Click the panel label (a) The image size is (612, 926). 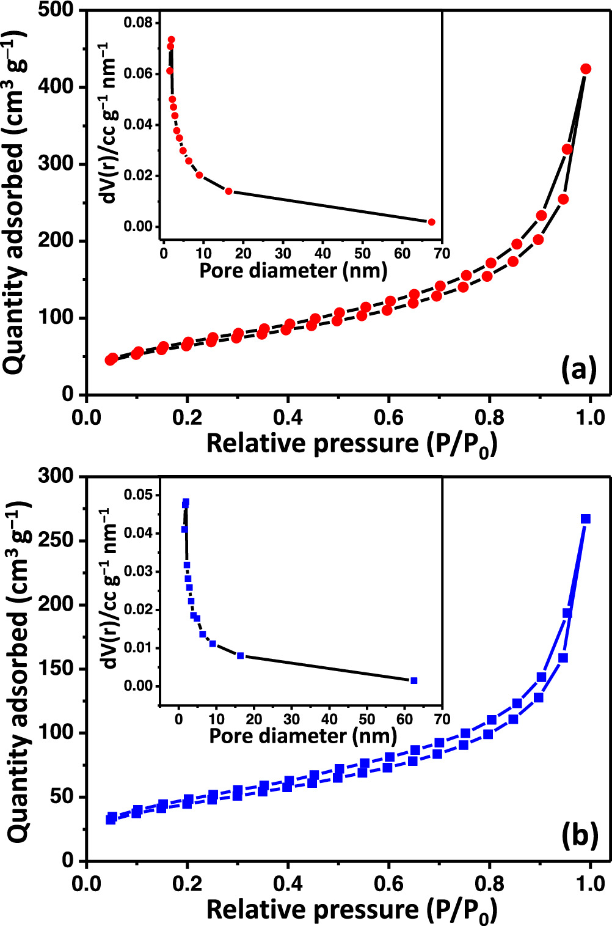pos(578,370)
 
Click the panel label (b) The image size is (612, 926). pos(579,835)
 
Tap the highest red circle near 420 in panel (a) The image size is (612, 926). pos(586,69)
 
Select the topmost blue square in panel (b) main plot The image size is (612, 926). pos(586,519)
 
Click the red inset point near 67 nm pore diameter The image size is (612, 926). pos(432,222)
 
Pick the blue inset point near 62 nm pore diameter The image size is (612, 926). pos(414,680)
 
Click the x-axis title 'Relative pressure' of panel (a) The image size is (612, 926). pos(351,443)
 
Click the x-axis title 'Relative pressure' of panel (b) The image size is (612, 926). pos(351,909)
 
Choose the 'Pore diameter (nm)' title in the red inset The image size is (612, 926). pos(293,270)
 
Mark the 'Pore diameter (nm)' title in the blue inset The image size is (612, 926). pos(303,735)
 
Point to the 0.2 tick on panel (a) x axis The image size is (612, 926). pos(188,418)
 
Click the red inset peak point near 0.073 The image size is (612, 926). pos(172,40)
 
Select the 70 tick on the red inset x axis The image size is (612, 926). pos(442,253)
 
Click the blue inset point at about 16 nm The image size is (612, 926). pos(241,656)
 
